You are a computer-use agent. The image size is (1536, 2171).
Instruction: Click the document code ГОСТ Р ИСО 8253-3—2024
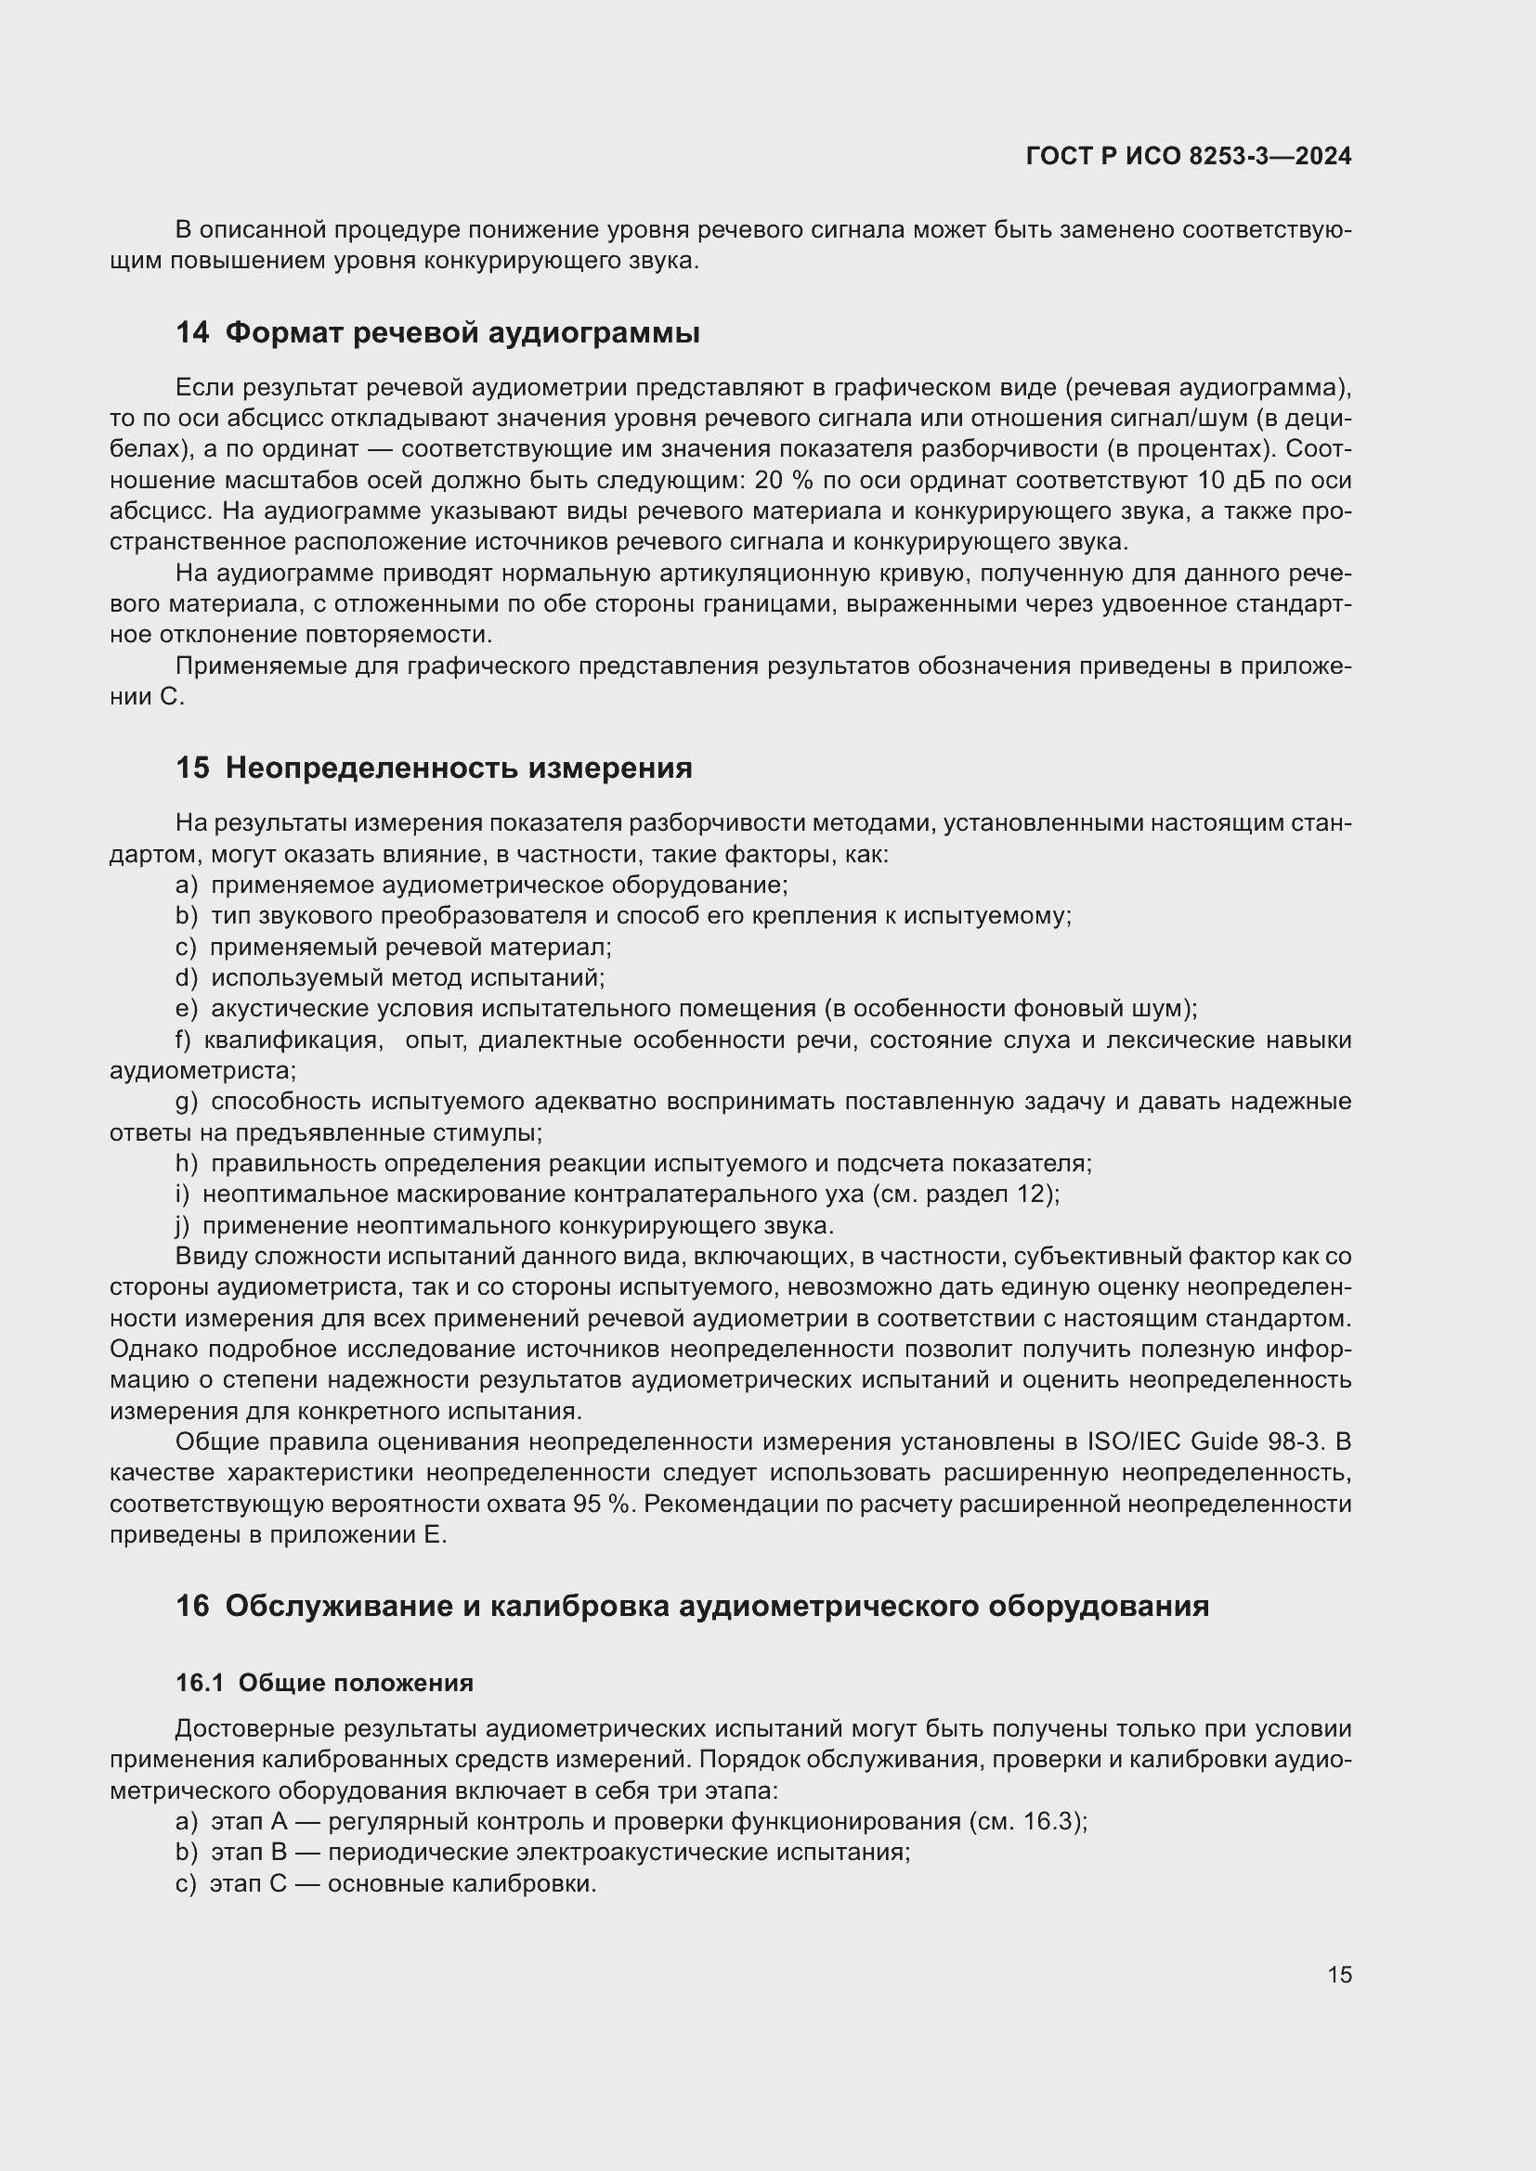(1188, 157)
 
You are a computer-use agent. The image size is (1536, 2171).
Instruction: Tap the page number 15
(1339, 1974)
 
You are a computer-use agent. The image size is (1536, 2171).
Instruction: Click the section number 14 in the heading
(192, 333)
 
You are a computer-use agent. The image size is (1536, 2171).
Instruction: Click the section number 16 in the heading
(192, 1607)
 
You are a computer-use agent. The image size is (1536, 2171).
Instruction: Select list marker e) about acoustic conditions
(187, 1009)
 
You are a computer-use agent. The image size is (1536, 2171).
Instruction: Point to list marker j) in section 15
(183, 1226)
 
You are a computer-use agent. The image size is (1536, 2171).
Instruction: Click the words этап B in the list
(249, 1853)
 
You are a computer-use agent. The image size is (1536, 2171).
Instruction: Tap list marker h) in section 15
(187, 1164)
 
